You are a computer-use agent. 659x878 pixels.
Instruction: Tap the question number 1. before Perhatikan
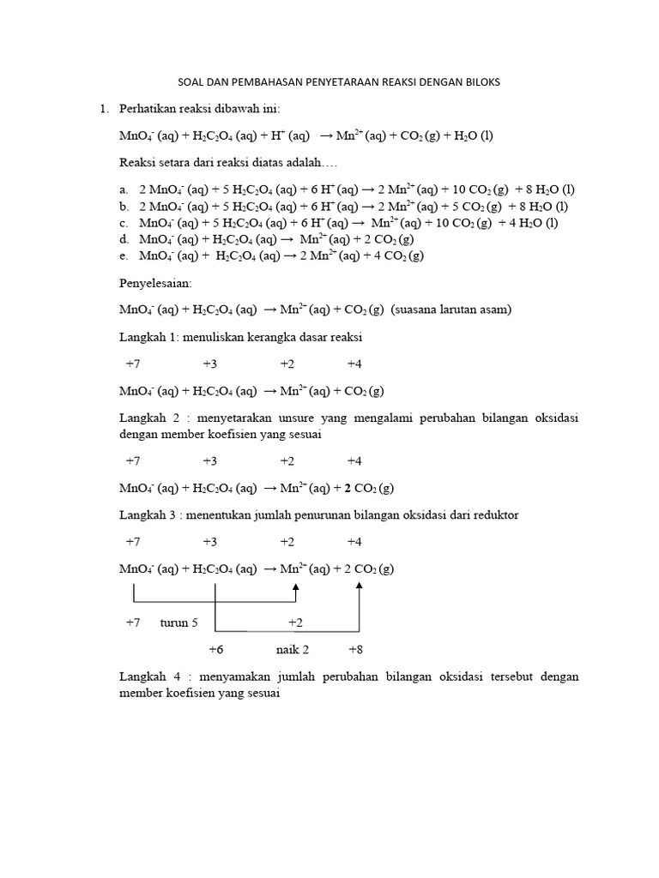105,109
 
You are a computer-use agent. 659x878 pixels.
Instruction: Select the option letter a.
124,189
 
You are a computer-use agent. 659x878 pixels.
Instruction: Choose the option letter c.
124,223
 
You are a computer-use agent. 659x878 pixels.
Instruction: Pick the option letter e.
124,256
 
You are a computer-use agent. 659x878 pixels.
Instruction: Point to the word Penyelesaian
155,282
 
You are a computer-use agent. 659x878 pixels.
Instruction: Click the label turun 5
178,622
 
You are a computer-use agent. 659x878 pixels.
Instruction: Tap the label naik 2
292,649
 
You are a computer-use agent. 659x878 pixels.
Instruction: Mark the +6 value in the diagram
215,649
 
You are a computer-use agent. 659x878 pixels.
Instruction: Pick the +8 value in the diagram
357,649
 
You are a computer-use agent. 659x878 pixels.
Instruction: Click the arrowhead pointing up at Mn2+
296,588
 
